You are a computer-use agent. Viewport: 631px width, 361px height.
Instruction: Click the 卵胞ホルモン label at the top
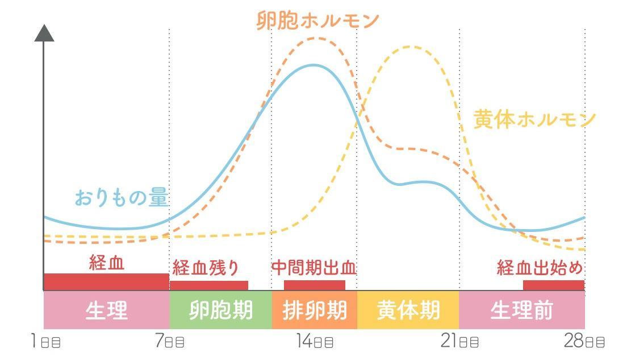[x=317, y=20]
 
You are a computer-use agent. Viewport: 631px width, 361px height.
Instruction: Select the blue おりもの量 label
[x=121, y=198]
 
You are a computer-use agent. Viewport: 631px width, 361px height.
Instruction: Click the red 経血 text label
[x=107, y=263]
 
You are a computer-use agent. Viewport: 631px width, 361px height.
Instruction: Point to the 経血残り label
[x=206, y=267]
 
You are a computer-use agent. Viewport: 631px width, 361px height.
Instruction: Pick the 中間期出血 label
[x=314, y=268]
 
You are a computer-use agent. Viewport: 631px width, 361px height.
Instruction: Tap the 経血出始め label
[x=540, y=267]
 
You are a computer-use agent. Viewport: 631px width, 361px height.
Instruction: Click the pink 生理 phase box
[x=107, y=310]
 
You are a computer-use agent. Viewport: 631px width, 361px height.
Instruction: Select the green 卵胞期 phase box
[x=220, y=310]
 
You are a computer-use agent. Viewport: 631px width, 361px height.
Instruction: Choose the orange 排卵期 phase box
[x=314, y=310]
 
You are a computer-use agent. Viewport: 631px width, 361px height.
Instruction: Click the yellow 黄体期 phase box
[x=408, y=310]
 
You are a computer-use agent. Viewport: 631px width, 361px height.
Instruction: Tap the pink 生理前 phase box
[x=521, y=310]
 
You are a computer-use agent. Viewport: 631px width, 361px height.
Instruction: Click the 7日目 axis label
[x=170, y=342]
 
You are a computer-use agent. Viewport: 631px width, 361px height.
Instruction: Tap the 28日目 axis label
[x=584, y=342]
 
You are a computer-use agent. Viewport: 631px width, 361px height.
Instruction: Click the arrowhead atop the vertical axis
[x=44, y=34]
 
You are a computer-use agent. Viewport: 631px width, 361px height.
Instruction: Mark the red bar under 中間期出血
[x=314, y=285]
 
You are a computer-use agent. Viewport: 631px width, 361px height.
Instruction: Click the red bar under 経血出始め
[x=553, y=285]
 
